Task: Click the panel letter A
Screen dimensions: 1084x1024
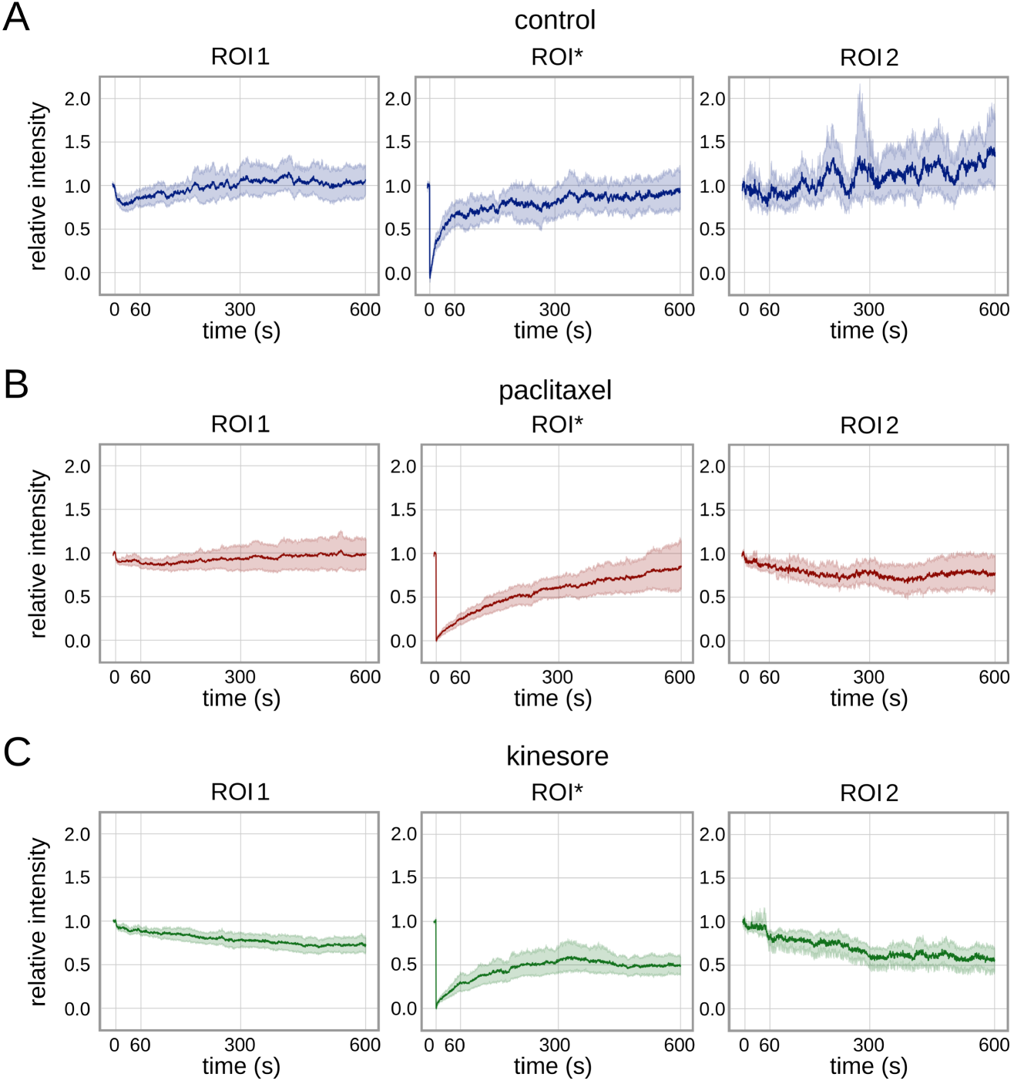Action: pos(16,17)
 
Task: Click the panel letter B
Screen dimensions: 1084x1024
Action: pos(16,384)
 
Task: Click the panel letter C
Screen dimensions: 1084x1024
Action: pos(17,752)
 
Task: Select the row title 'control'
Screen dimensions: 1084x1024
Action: pos(555,20)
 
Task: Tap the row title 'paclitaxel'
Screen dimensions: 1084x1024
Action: pos(555,390)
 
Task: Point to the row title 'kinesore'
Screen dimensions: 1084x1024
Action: pos(557,756)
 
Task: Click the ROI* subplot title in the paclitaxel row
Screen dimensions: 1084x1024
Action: pos(557,425)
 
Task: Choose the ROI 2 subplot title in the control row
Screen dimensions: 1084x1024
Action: pos(869,58)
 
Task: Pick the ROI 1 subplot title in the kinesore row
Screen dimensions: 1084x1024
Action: pos(240,793)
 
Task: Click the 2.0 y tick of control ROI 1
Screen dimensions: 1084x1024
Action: pos(77,99)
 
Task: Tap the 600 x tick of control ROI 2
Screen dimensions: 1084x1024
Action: pos(994,310)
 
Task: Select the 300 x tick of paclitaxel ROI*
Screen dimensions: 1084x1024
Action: pos(557,678)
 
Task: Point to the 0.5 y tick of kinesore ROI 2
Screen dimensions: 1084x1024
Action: pos(712,965)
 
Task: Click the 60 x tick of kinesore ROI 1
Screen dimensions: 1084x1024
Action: pos(140,1045)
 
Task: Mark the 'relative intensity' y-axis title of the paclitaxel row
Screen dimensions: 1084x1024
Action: pos(38,554)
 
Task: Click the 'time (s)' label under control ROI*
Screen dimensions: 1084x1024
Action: pos(552,331)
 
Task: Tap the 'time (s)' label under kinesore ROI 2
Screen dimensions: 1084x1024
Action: pos(868,1066)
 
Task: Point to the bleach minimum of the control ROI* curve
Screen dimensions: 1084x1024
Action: pos(430,275)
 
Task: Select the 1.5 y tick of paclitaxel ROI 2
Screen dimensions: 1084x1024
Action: pos(712,510)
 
